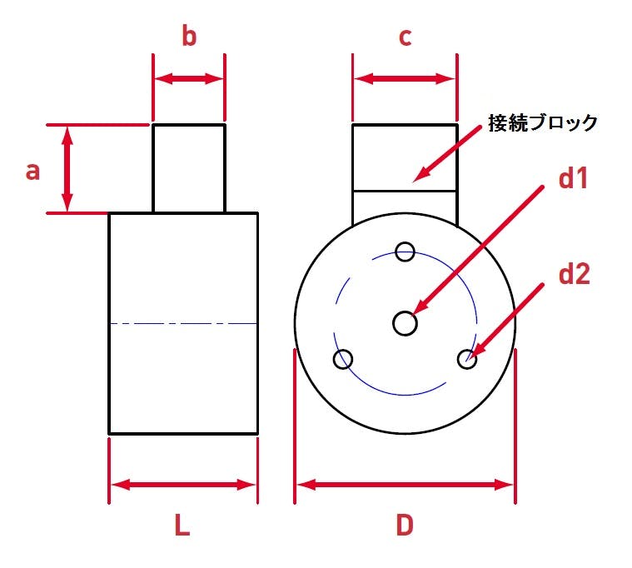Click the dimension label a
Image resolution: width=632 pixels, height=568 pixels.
click(x=32, y=171)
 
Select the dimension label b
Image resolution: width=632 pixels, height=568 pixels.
click(x=189, y=36)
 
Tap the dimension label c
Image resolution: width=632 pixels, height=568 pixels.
click(x=405, y=37)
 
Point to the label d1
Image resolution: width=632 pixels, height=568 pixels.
click(x=573, y=177)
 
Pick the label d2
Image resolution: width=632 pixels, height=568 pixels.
click(x=575, y=274)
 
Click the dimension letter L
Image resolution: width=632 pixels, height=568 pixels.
click(x=182, y=526)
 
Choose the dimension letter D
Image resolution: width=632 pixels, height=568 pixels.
click(x=405, y=526)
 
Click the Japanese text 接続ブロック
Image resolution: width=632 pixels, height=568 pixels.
click(x=543, y=122)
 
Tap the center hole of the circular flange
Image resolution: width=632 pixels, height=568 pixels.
click(x=405, y=323)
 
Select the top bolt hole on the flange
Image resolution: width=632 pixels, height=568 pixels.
click(x=405, y=252)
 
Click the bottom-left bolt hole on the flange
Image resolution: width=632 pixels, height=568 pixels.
click(x=343, y=359)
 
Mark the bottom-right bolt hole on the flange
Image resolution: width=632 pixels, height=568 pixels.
click(x=467, y=359)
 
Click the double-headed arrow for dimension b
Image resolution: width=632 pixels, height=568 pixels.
click(x=189, y=78)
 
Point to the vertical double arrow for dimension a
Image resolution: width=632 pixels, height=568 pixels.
click(x=67, y=168)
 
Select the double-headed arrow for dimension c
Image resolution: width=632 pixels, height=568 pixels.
click(x=405, y=78)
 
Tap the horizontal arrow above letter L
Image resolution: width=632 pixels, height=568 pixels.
click(x=183, y=485)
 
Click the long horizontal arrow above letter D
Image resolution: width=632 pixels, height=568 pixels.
click(x=405, y=485)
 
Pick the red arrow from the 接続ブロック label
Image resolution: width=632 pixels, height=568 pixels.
click(x=447, y=153)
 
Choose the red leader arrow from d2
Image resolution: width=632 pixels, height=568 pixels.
click(x=505, y=321)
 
